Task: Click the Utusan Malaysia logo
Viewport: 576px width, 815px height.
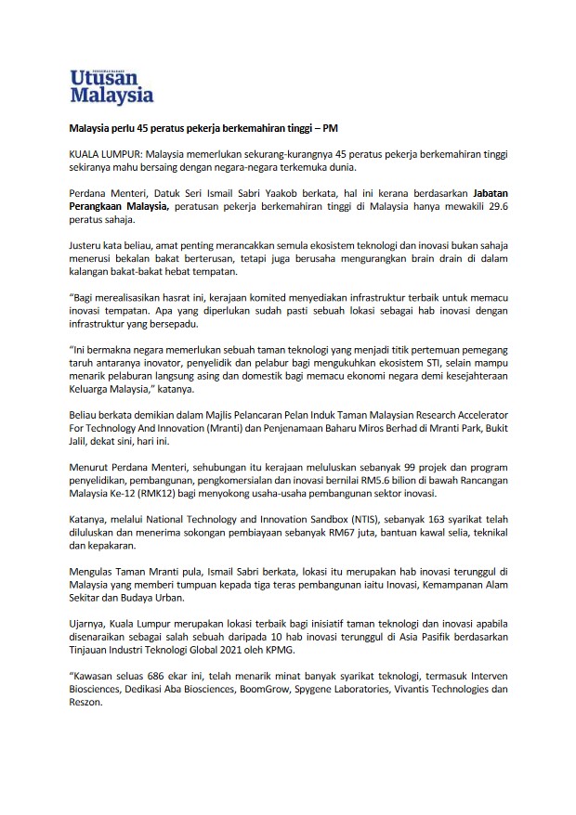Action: point(111,84)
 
